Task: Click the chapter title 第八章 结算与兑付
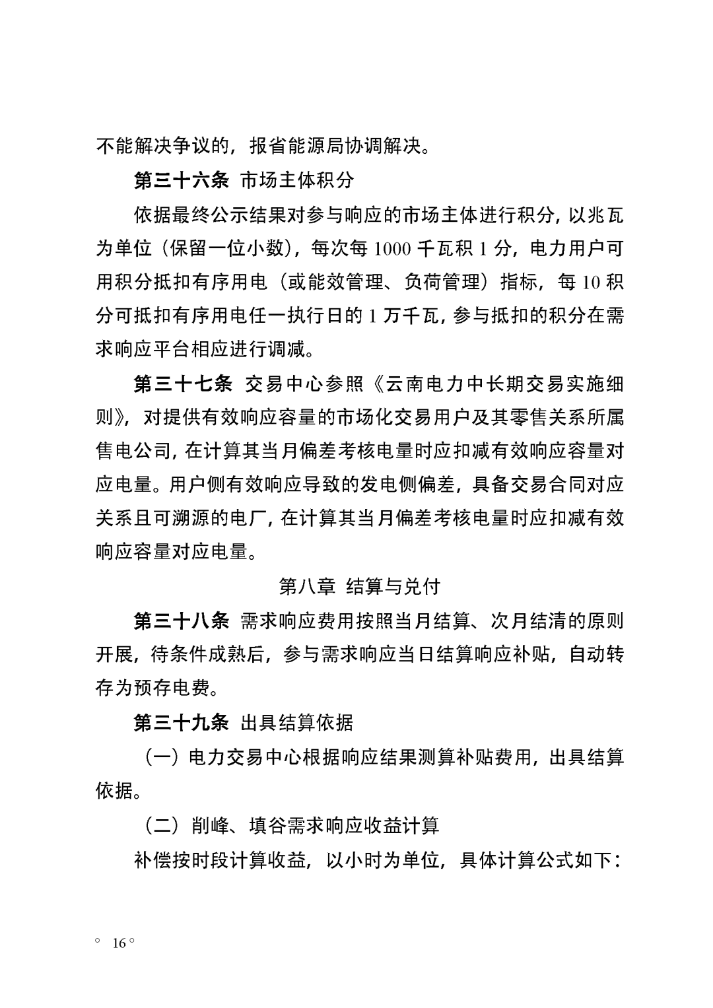coord(360,586)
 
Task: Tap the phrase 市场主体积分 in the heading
coord(297,180)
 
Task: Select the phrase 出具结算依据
coord(297,722)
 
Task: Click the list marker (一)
coord(162,756)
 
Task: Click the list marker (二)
coord(162,824)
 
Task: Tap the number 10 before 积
coord(590,282)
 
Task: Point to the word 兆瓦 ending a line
coord(605,214)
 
